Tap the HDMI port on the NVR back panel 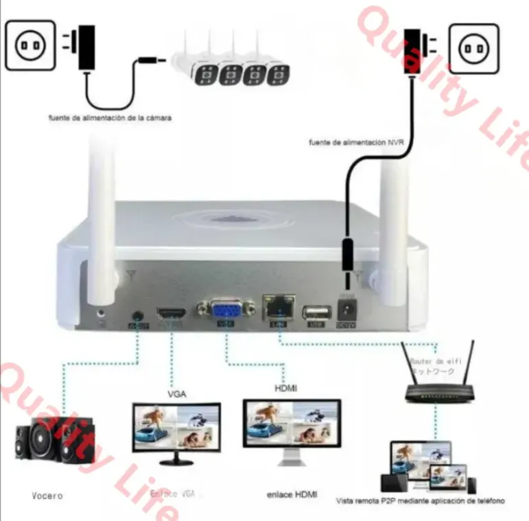coord(172,314)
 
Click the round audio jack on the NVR coord(137,316)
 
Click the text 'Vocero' coord(47,495)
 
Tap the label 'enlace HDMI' coord(292,495)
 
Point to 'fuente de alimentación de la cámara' coord(109,118)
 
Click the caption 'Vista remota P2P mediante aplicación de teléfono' coord(421,501)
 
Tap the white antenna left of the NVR coord(100,227)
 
